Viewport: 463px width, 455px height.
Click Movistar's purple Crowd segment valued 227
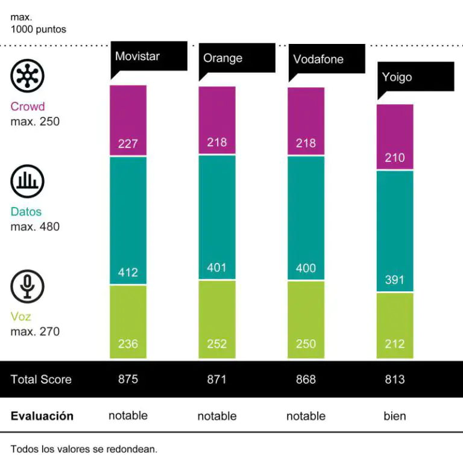[x=128, y=120]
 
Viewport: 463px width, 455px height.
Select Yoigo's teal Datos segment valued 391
[x=395, y=231]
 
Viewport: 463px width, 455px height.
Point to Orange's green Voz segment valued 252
[x=217, y=319]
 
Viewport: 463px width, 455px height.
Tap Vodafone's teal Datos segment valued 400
[x=306, y=218]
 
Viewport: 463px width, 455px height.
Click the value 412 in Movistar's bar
[x=128, y=273]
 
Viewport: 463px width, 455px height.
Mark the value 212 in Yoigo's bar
[x=395, y=344]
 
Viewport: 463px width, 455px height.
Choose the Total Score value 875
[x=128, y=379]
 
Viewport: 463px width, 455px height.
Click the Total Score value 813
[x=395, y=379]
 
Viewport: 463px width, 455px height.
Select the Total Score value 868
[x=306, y=379]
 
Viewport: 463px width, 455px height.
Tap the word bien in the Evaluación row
[x=395, y=416]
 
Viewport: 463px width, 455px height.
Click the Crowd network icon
[x=28, y=76]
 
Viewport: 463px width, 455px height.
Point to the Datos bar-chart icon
[x=28, y=181]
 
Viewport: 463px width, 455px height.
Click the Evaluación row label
[x=42, y=416]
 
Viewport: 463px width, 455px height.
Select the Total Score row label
[x=41, y=379]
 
